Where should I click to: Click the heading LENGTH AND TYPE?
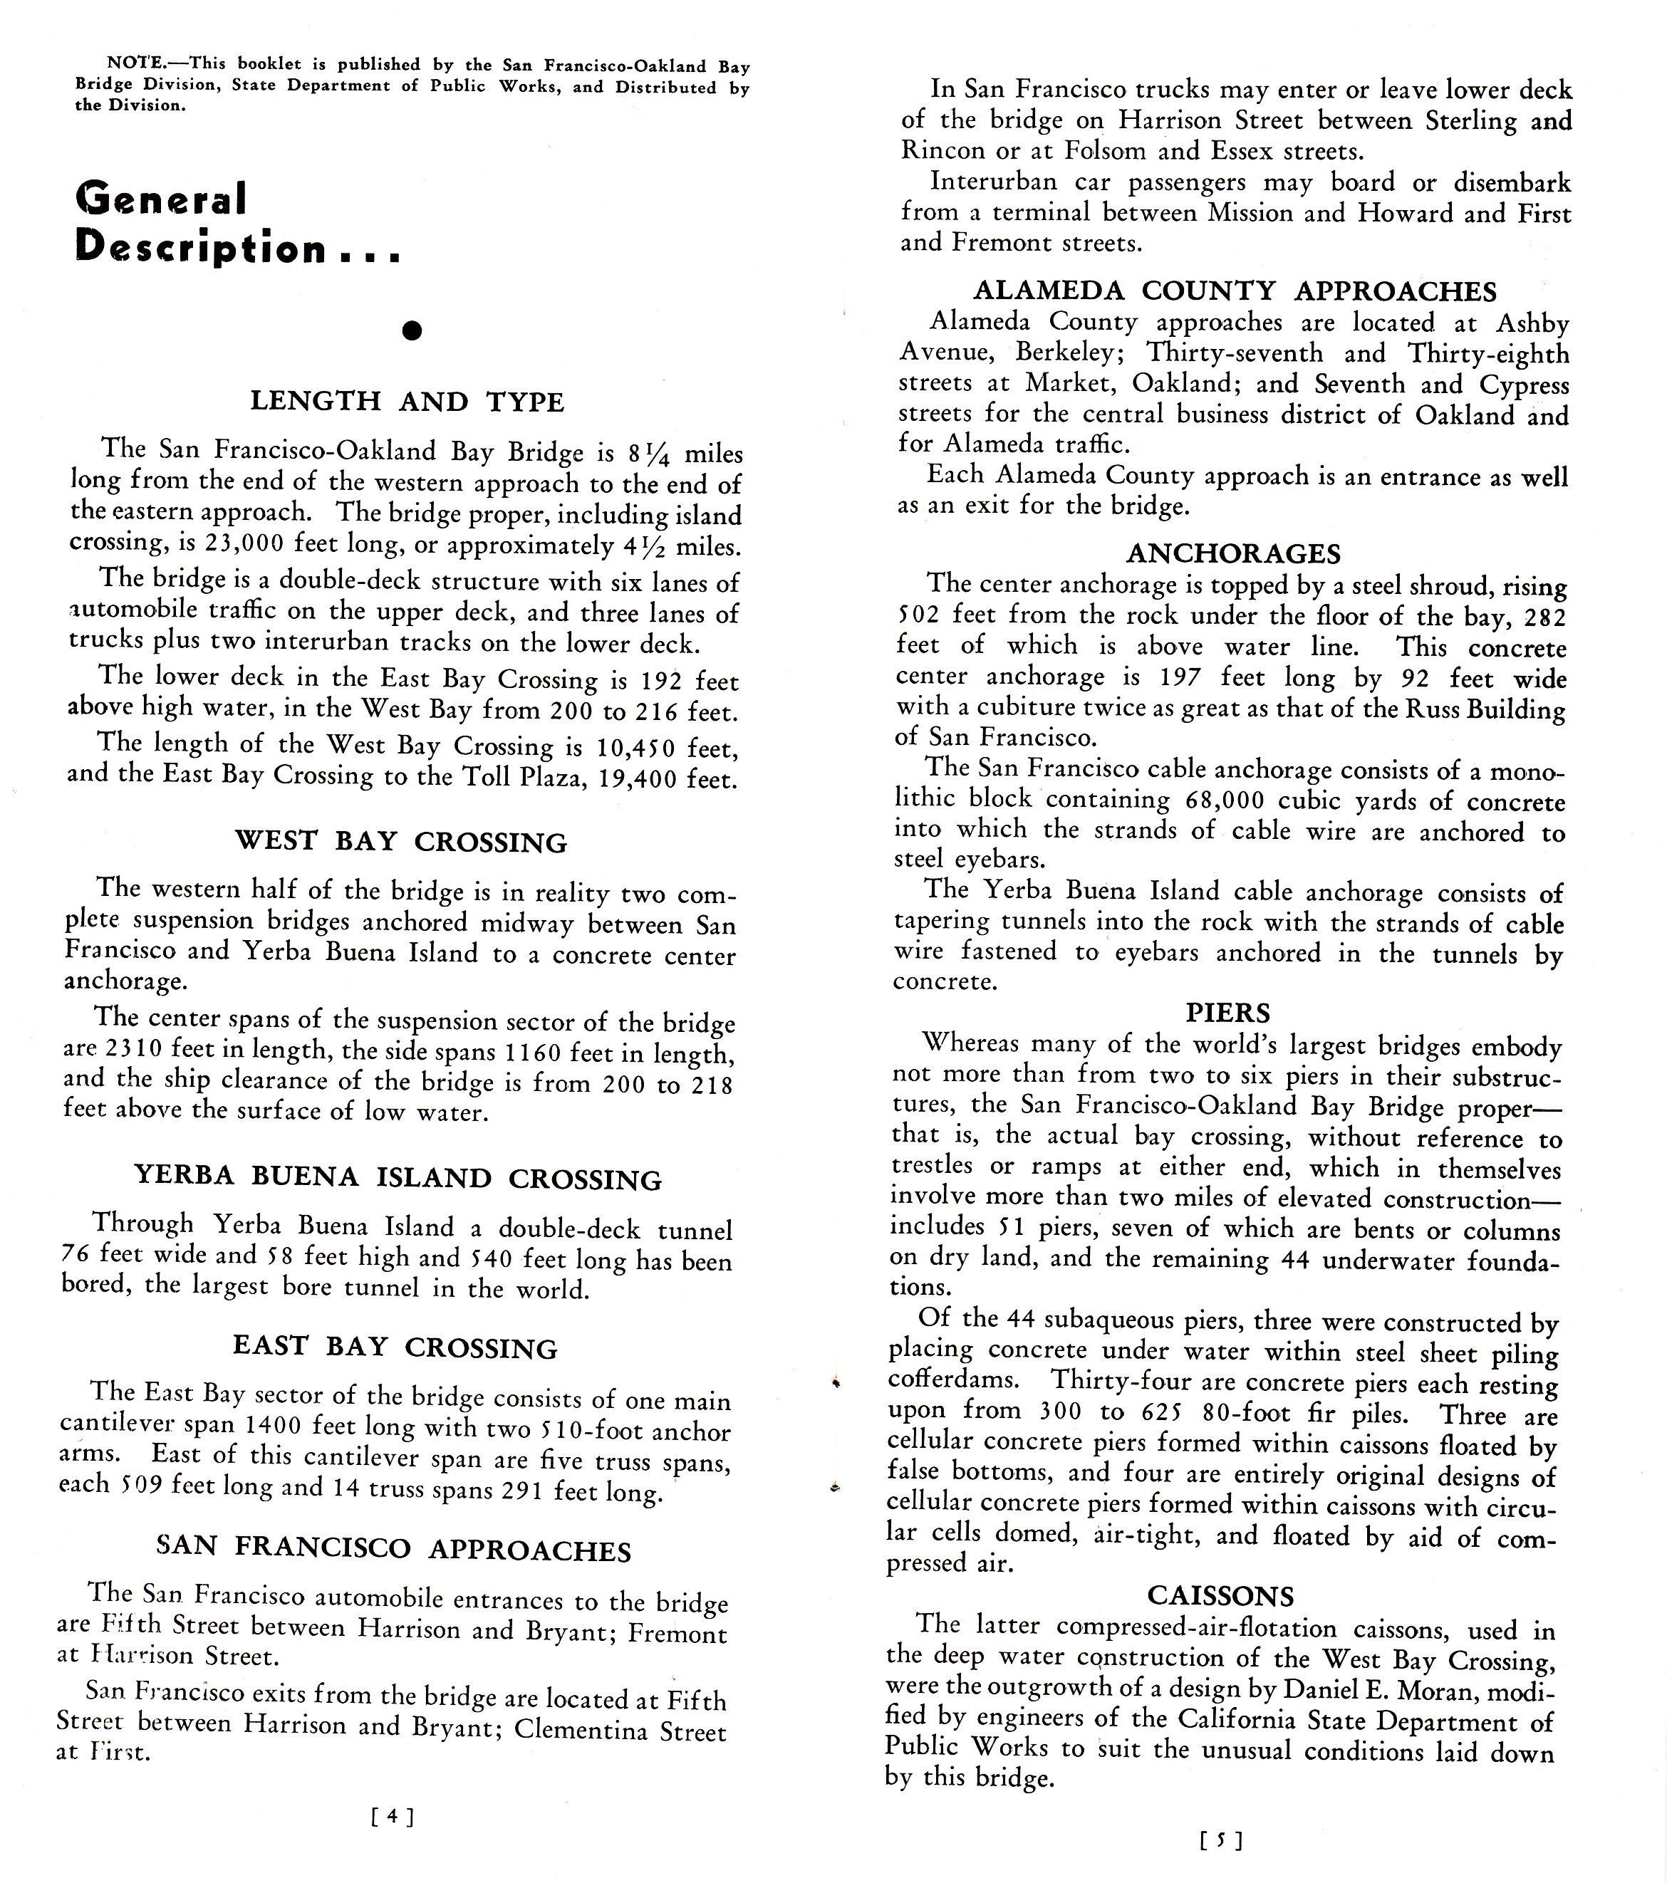click(407, 402)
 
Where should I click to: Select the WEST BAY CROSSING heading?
click(401, 841)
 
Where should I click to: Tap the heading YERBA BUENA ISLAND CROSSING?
click(398, 1178)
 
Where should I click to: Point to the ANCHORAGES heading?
click(1233, 553)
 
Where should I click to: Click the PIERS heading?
click(1227, 1013)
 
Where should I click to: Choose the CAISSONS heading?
click(1221, 1595)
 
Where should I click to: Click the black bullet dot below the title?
click(412, 330)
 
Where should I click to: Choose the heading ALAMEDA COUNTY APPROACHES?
click(1235, 291)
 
